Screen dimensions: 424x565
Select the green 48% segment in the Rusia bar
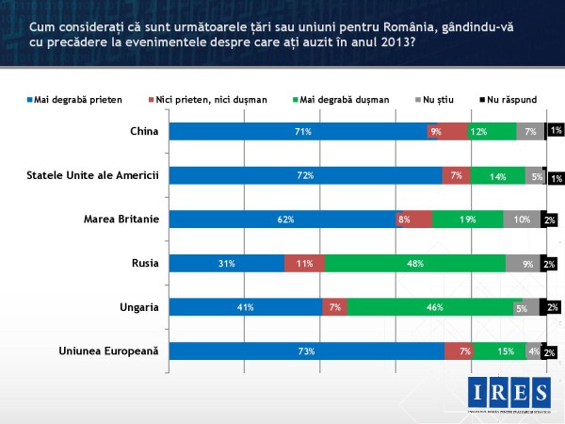(x=414, y=263)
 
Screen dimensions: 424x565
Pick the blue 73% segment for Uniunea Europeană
(x=306, y=351)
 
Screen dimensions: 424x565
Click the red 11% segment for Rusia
(x=304, y=263)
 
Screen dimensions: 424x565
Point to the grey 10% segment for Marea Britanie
(x=522, y=220)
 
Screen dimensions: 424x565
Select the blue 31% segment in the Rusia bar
(x=226, y=263)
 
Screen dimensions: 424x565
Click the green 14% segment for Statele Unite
(x=498, y=175)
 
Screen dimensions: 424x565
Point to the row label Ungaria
(x=138, y=307)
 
